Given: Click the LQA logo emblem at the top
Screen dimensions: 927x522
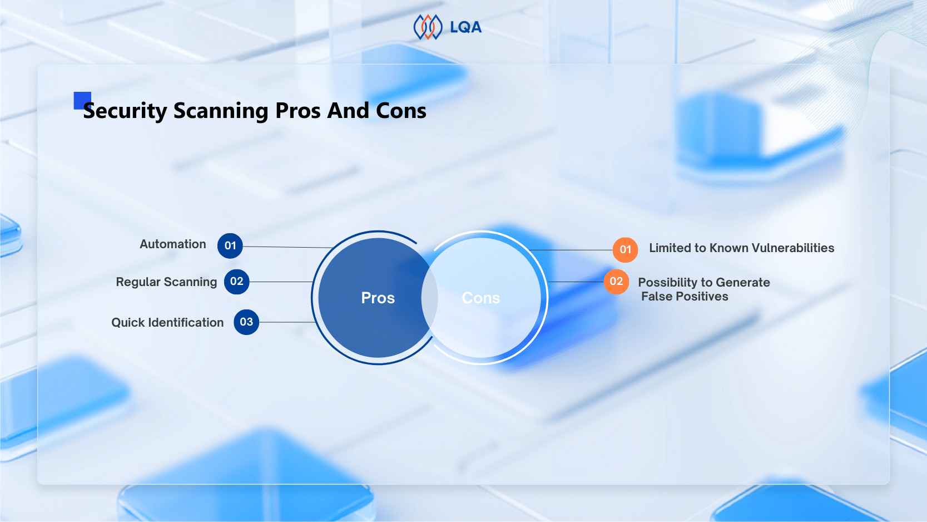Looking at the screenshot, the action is (x=428, y=27).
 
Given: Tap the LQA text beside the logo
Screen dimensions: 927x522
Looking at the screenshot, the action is (x=465, y=27).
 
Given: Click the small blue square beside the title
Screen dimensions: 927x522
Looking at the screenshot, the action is (x=82, y=101).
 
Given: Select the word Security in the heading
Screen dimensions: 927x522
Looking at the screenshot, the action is (x=125, y=111).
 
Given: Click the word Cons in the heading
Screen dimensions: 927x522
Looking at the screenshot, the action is (x=401, y=111).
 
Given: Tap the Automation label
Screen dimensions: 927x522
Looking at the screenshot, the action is (x=172, y=244).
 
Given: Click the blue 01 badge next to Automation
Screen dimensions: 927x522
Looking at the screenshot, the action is (x=230, y=245).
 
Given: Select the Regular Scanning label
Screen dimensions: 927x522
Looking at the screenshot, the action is (x=166, y=282).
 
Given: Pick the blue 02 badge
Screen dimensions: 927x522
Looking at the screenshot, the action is (x=237, y=282).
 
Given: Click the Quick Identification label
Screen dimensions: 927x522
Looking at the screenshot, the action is (x=167, y=322).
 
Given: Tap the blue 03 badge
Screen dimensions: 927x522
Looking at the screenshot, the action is (x=246, y=322).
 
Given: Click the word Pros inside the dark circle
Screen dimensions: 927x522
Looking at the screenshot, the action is (x=378, y=298).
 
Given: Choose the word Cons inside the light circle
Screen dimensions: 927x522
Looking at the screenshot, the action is (x=481, y=298).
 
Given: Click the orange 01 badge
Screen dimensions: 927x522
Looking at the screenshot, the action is (x=625, y=250).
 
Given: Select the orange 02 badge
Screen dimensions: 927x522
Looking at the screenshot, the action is (x=616, y=282).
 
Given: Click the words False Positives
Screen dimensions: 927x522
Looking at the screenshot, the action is (x=685, y=297).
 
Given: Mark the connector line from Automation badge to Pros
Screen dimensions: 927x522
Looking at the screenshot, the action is (x=288, y=247).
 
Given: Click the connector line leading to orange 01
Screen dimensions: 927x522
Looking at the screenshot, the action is (x=571, y=250).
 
